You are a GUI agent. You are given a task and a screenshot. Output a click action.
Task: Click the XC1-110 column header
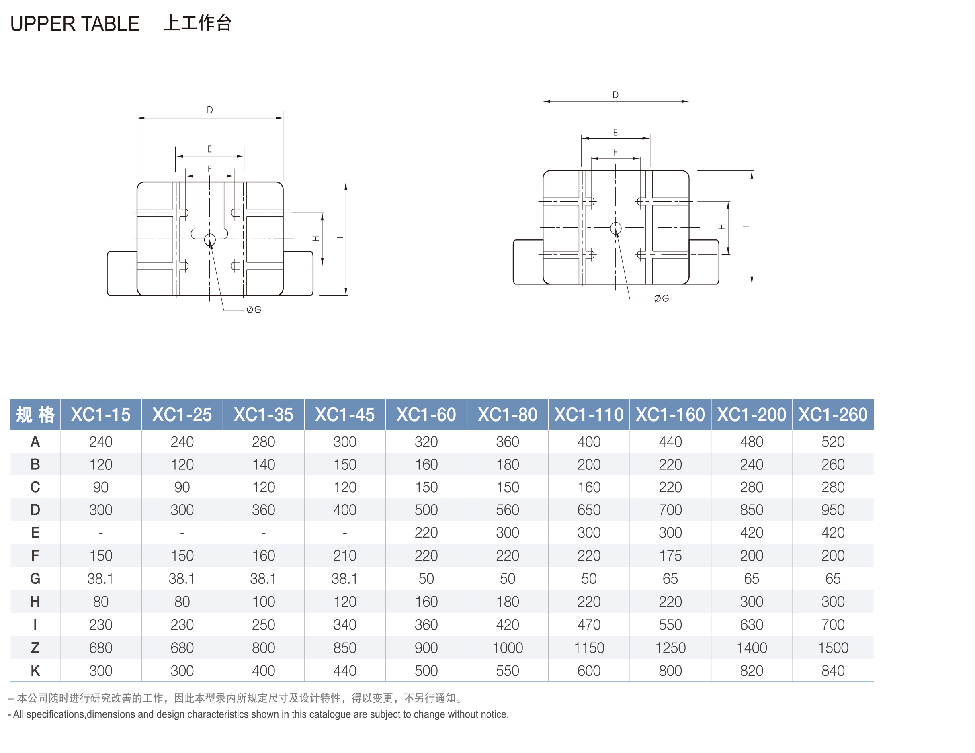588,415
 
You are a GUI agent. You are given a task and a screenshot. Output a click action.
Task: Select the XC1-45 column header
345,415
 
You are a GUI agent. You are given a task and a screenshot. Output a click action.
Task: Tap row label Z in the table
35,648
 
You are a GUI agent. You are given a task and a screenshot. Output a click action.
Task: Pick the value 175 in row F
670,556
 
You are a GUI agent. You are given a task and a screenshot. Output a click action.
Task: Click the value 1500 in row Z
833,648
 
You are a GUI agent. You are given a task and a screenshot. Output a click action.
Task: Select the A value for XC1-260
833,442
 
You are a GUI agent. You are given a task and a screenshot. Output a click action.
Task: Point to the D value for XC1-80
507,510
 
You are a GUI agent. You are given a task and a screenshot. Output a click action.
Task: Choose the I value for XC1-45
345,624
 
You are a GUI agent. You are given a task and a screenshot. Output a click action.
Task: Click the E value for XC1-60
426,532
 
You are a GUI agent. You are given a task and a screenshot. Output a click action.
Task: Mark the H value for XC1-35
263,602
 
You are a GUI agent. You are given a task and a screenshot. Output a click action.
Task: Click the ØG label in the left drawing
254,309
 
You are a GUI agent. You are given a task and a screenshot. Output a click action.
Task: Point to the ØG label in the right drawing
661,298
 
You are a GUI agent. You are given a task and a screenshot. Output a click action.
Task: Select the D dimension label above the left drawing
210,110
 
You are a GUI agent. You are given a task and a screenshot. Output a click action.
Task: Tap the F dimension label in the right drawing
615,152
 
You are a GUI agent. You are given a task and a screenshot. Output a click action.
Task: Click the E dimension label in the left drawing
210,149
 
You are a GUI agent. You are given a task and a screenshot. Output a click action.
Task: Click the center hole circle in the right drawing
616,229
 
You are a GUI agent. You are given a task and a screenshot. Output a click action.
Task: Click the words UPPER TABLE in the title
75,24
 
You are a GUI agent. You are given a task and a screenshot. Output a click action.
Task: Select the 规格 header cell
35,415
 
